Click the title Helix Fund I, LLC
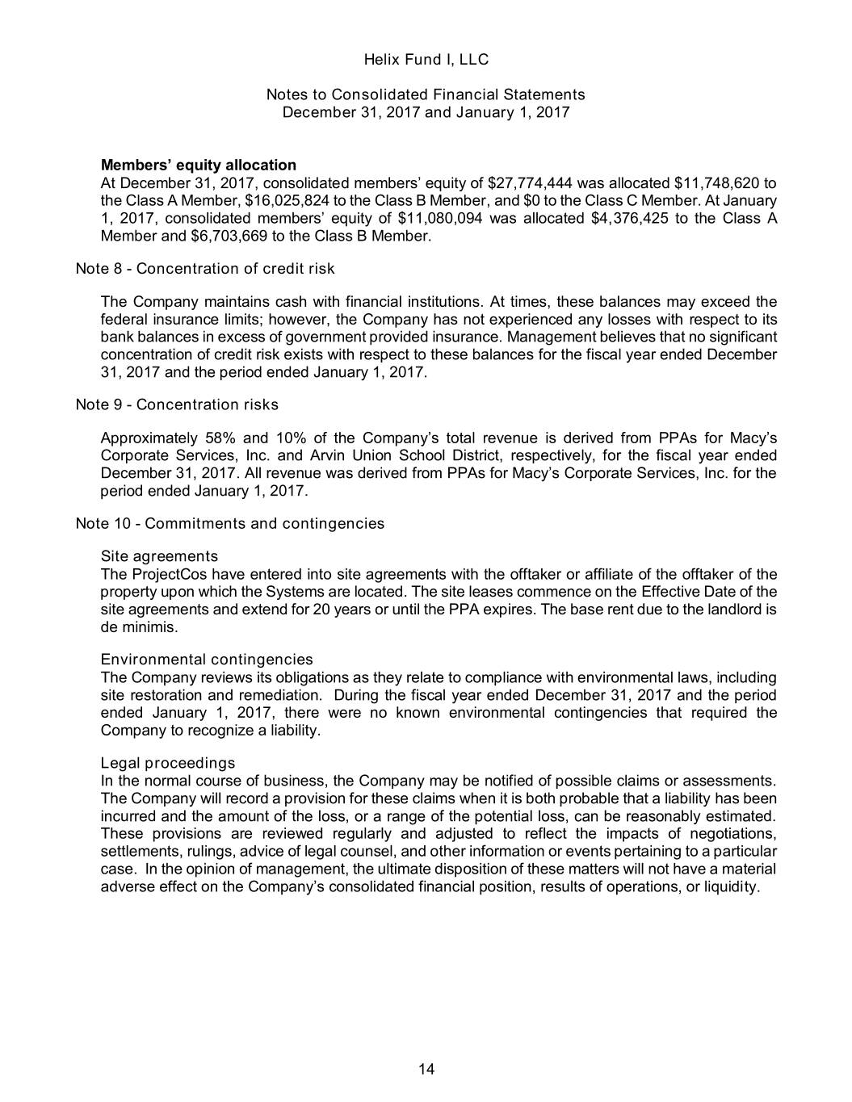426,60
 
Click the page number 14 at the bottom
426,1070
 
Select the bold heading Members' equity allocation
198,165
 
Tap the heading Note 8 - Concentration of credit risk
204,269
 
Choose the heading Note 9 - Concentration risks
176,404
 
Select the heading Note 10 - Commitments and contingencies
229,523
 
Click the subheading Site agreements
159,556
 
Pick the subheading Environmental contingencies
206,660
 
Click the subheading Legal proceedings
167,763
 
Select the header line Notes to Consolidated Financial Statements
426,94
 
